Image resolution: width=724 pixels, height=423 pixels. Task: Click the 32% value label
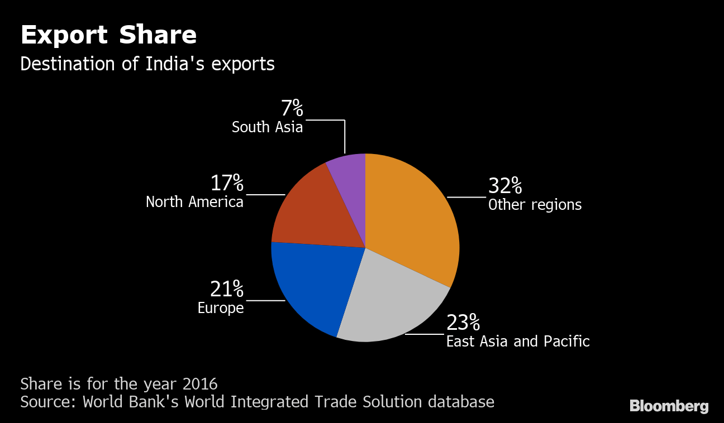pos(505,186)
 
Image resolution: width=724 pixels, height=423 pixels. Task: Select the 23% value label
pos(463,323)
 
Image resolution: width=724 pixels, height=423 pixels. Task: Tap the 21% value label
pos(227,289)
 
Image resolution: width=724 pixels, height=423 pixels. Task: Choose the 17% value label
pos(227,183)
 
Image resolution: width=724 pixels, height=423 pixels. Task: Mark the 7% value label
pos(292,108)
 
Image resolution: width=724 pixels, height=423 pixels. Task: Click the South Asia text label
pos(267,127)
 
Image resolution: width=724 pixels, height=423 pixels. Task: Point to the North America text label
pos(194,202)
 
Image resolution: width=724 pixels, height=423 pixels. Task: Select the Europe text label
pos(221,308)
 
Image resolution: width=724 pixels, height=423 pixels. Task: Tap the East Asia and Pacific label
pos(518,342)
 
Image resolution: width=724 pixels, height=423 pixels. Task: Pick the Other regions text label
pos(535,205)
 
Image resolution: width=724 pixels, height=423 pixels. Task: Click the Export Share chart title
pos(108,35)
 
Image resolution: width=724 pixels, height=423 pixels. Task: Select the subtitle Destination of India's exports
pos(147,64)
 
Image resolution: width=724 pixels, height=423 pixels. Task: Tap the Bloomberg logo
pos(669,406)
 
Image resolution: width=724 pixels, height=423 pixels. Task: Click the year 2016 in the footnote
pos(201,384)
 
